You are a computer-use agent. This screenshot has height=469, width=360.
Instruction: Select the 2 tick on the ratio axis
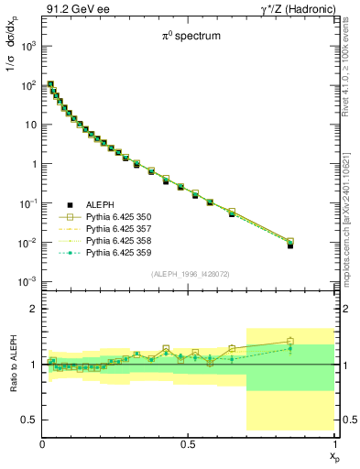[34, 310]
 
